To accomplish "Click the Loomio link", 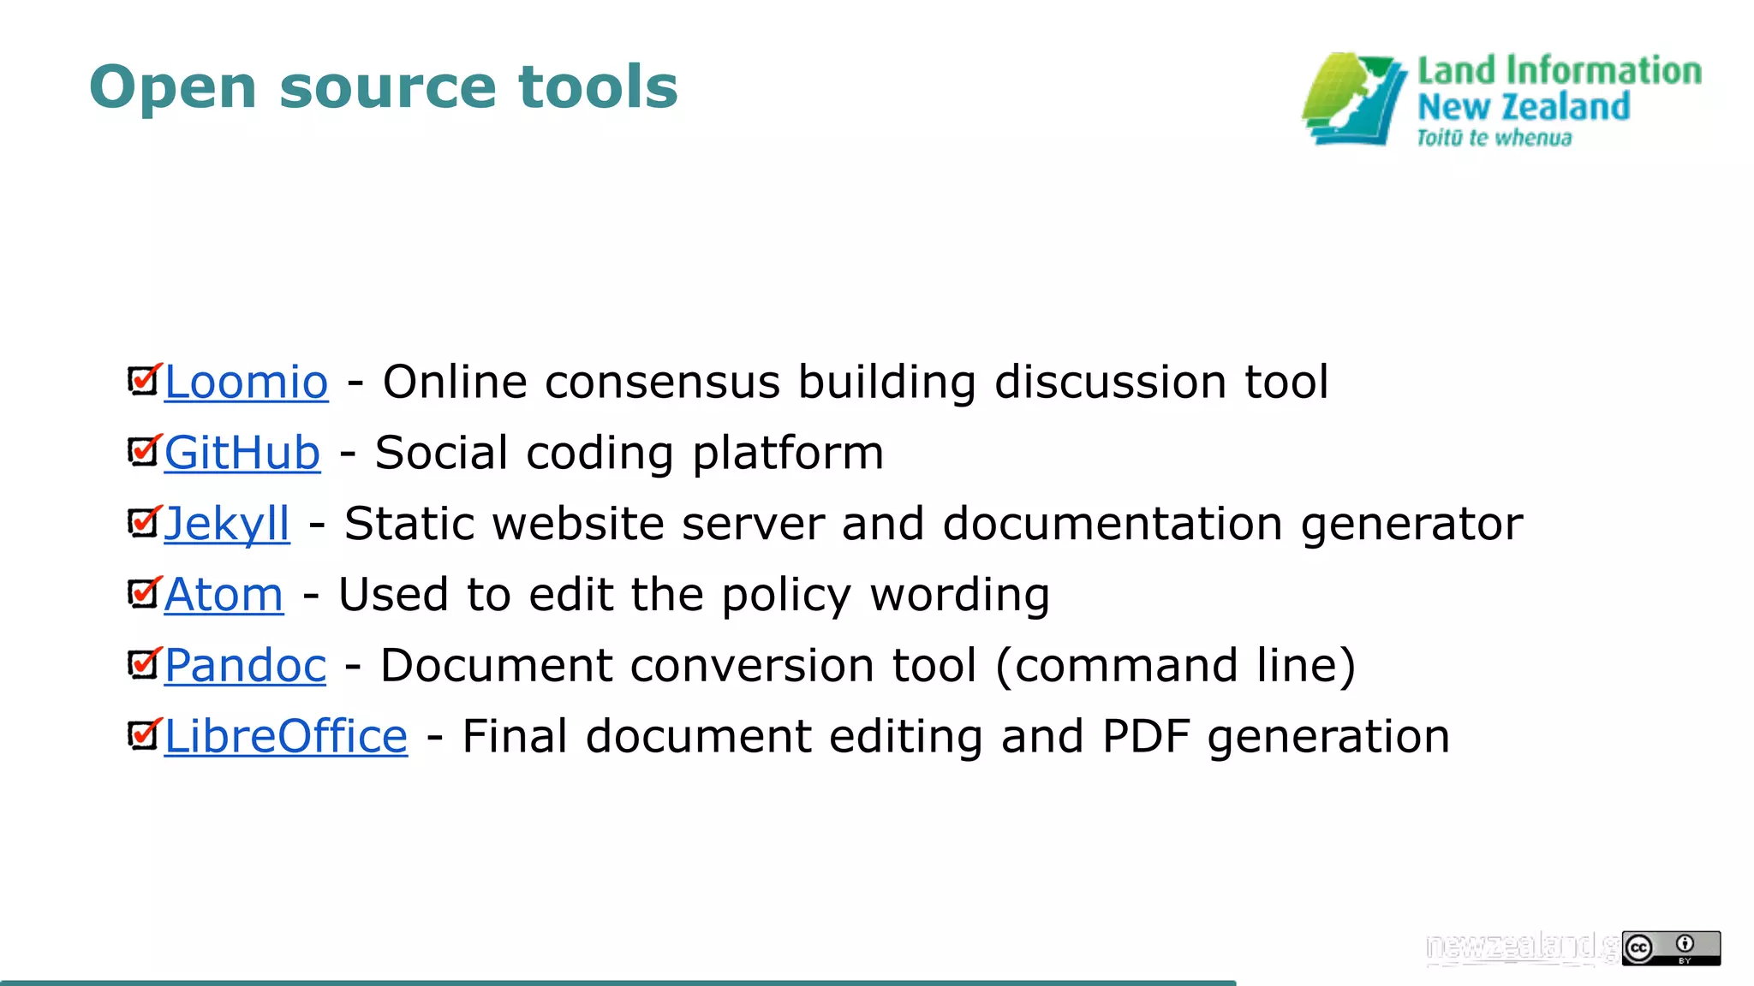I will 246,382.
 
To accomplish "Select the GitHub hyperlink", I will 242,453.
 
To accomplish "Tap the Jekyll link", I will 227,524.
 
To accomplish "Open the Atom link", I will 224,595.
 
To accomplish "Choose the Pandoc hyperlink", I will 245,666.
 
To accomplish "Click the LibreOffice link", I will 286,737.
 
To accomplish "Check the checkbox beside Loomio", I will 143,380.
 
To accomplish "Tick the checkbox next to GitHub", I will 143,451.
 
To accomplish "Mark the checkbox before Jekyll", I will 143,522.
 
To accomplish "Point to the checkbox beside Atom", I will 143,593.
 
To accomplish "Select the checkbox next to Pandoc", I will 143,664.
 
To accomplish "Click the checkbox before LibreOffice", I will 143,735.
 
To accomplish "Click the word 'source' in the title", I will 388,88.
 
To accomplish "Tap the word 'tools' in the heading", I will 598,87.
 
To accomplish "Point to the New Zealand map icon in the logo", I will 1353,99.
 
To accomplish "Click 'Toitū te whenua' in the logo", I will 1494,138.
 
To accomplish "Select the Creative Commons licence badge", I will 1670,948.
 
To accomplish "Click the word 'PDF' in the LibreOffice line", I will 1146,737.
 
